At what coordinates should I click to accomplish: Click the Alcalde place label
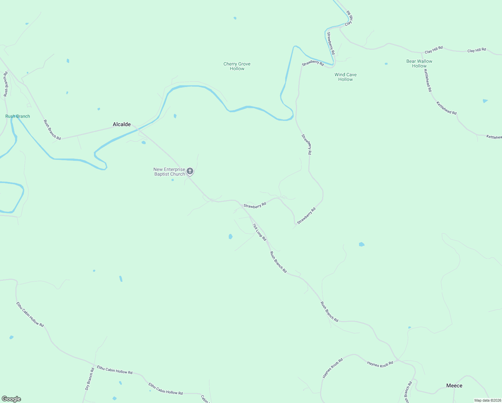pos(122,124)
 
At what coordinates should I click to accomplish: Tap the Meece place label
pos(454,386)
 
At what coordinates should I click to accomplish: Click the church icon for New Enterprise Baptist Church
pos(190,171)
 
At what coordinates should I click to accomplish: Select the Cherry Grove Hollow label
pos(237,66)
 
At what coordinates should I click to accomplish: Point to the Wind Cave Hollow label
pos(346,77)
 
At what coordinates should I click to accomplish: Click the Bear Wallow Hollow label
pos(419,63)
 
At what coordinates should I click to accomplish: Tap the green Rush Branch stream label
pos(18,116)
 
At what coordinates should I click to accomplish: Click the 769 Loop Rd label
pos(259,232)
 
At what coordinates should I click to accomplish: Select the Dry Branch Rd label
pos(90,378)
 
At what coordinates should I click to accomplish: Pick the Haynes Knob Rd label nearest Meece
pos(380,364)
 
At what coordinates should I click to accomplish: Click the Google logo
pos(11,399)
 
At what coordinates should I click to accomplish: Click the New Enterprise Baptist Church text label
pos(169,172)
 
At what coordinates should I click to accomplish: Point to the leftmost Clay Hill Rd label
pos(434,50)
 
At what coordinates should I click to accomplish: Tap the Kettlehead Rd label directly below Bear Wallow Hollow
pos(428,81)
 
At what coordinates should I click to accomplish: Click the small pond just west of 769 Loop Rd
pos(231,236)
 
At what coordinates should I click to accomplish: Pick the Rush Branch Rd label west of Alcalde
pos(52,130)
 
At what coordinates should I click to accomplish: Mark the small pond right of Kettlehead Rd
pos(485,101)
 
